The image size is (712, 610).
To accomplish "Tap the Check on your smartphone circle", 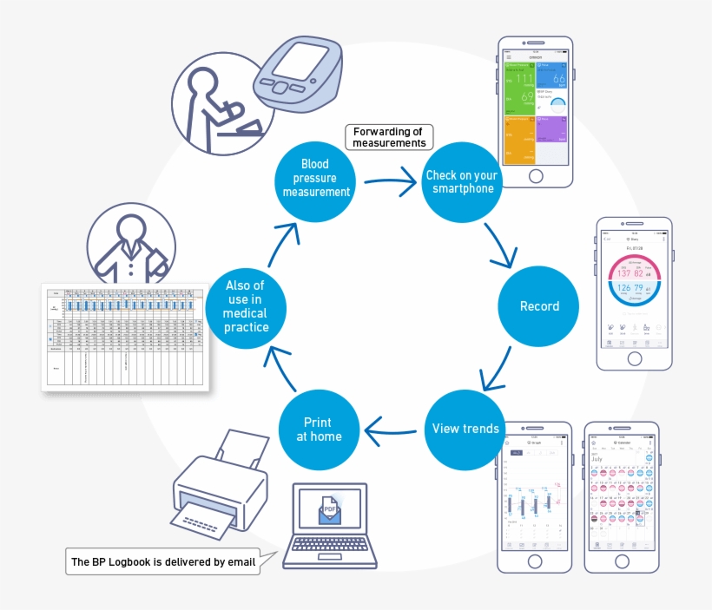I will pos(460,181).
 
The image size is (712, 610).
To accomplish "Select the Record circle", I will pos(538,306).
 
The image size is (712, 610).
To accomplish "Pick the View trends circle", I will pos(465,429).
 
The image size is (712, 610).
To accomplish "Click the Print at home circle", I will pos(319,430).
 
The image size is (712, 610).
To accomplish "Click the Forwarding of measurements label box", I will pos(388,137).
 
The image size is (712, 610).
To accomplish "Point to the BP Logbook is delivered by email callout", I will pos(163,562).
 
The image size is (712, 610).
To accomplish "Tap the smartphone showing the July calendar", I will pos(621,496).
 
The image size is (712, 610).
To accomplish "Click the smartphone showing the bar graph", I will pos(534,496).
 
